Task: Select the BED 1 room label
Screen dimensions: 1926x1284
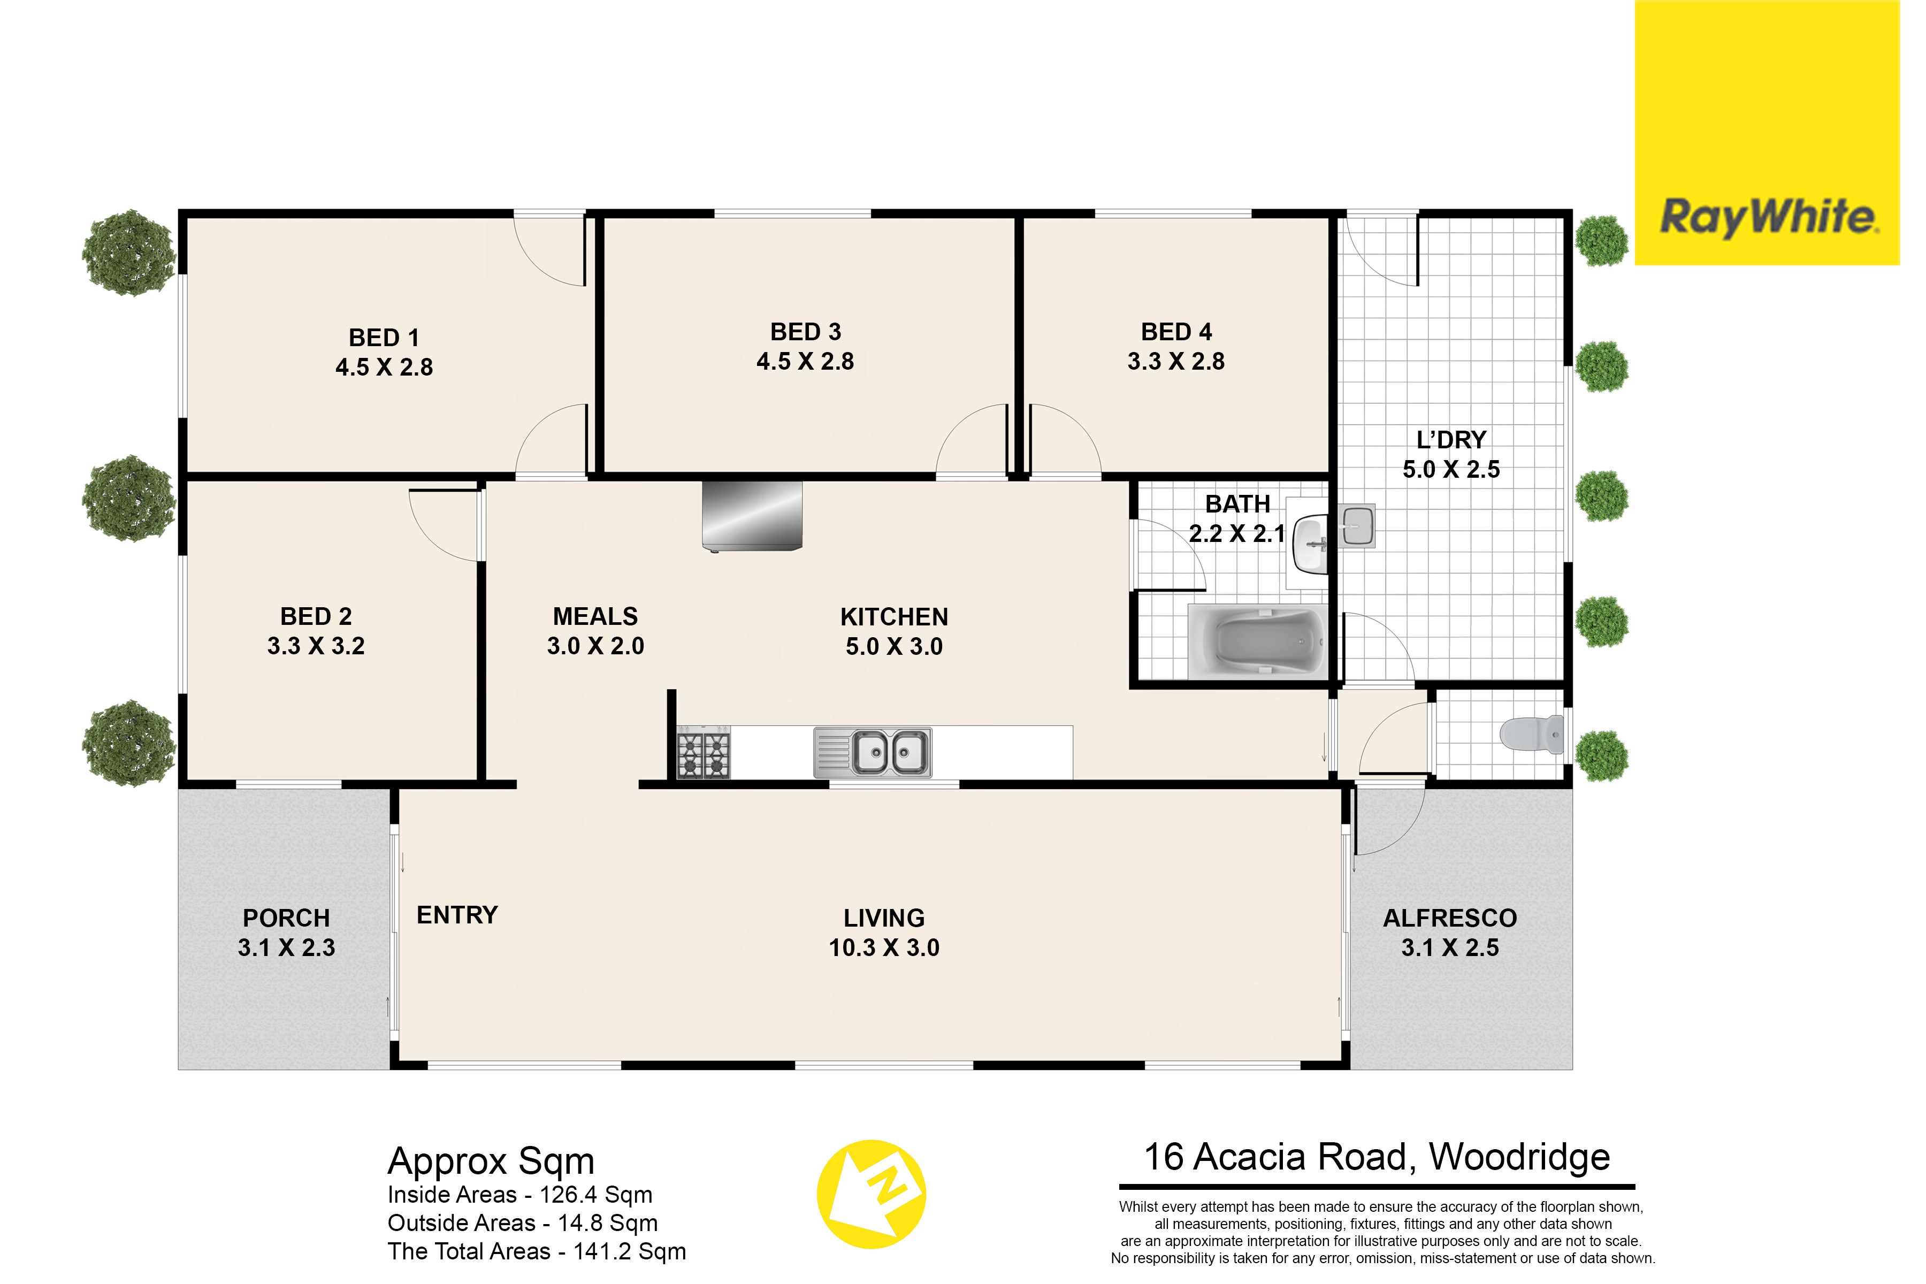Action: pos(384,338)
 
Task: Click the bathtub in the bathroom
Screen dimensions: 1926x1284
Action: pos(1258,641)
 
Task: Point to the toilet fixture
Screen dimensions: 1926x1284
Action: pos(1531,735)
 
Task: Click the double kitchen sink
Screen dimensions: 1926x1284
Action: pos(873,752)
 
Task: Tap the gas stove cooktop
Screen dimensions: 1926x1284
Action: pos(704,752)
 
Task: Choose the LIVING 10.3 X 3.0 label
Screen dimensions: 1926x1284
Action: pos(884,932)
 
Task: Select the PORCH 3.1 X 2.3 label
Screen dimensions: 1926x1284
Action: pos(287,932)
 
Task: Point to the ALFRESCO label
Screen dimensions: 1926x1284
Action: pos(1450,918)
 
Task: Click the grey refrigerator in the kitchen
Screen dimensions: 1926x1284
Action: pos(752,516)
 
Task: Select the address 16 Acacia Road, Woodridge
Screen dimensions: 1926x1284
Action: pos(1377,1157)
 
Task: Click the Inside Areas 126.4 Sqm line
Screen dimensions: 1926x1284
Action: pos(520,1195)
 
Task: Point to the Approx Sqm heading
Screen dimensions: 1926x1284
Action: pos(491,1161)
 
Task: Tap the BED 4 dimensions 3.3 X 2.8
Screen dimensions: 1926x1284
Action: pos(1176,361)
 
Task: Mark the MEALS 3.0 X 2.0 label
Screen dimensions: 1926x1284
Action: pos(595,631)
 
